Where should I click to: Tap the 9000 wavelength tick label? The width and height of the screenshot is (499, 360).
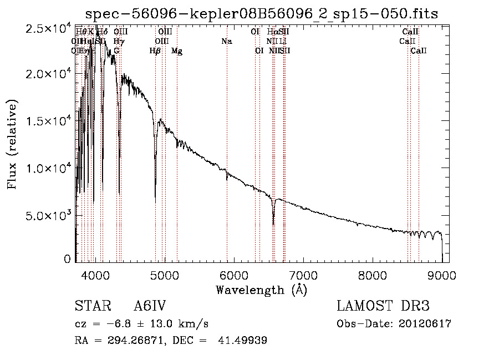click(x=442, y=275)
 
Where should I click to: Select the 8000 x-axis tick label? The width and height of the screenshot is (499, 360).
click(x=373, y=275)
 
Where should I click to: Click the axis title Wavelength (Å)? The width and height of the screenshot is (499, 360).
click(x=261, y=290)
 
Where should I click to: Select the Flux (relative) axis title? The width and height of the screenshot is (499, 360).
click(x=12, y=144)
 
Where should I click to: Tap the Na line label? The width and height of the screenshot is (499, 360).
click(x=226, y=42)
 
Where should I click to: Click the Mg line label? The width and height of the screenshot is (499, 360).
click(x=177, y=51)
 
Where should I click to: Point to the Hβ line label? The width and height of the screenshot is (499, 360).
click(x=155, y=51)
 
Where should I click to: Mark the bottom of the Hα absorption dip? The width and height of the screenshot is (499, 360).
click(x=273, y=224)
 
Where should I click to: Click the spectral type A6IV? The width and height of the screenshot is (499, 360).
click(x=150, y=306)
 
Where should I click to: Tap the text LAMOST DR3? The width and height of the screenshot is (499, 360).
click(x=383, y=306)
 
